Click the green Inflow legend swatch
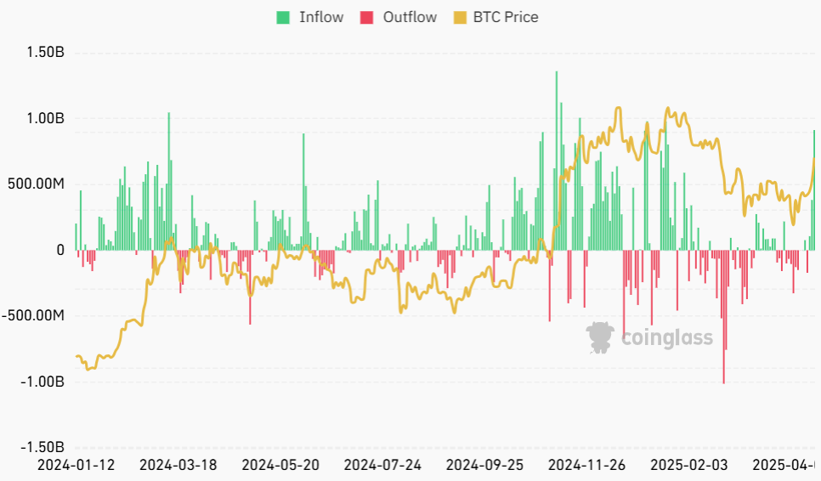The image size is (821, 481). pos(283,17)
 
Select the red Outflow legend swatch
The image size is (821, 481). pos(367,17)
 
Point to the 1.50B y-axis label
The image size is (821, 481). pos(45,53)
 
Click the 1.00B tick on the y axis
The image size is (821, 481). pos(45,119)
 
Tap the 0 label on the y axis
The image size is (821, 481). pos(60,250)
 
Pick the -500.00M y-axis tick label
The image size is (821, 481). pos(33,315)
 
